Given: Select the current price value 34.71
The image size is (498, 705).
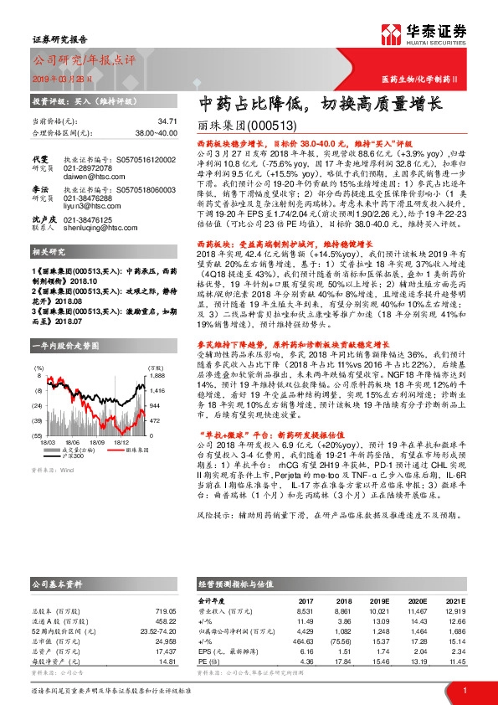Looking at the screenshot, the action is pyautogui.click(x=143, y=121).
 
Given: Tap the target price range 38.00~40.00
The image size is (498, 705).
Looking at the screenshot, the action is pyautogui.click(x=135, y=132).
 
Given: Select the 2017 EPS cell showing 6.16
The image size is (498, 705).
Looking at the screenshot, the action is pyautogui.click(x=304, y=650).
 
